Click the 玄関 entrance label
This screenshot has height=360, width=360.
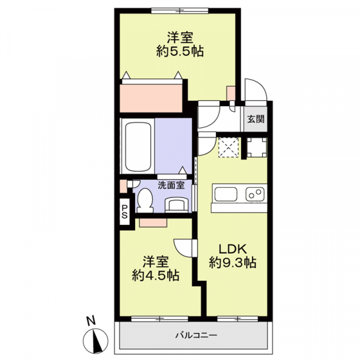(x=255, y=119)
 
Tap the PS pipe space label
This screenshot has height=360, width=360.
(x=124, y=211)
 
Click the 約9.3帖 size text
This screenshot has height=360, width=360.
(x=233, y=263)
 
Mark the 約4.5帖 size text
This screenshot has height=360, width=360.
(x=155, y=276)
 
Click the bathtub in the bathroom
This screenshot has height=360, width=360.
(x=138, y=145)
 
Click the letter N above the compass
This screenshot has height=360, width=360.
(x=88, y=320)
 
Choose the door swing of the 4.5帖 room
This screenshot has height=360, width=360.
(x=184, y=247)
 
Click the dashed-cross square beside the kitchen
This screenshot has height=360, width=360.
(x=228, y=148)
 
